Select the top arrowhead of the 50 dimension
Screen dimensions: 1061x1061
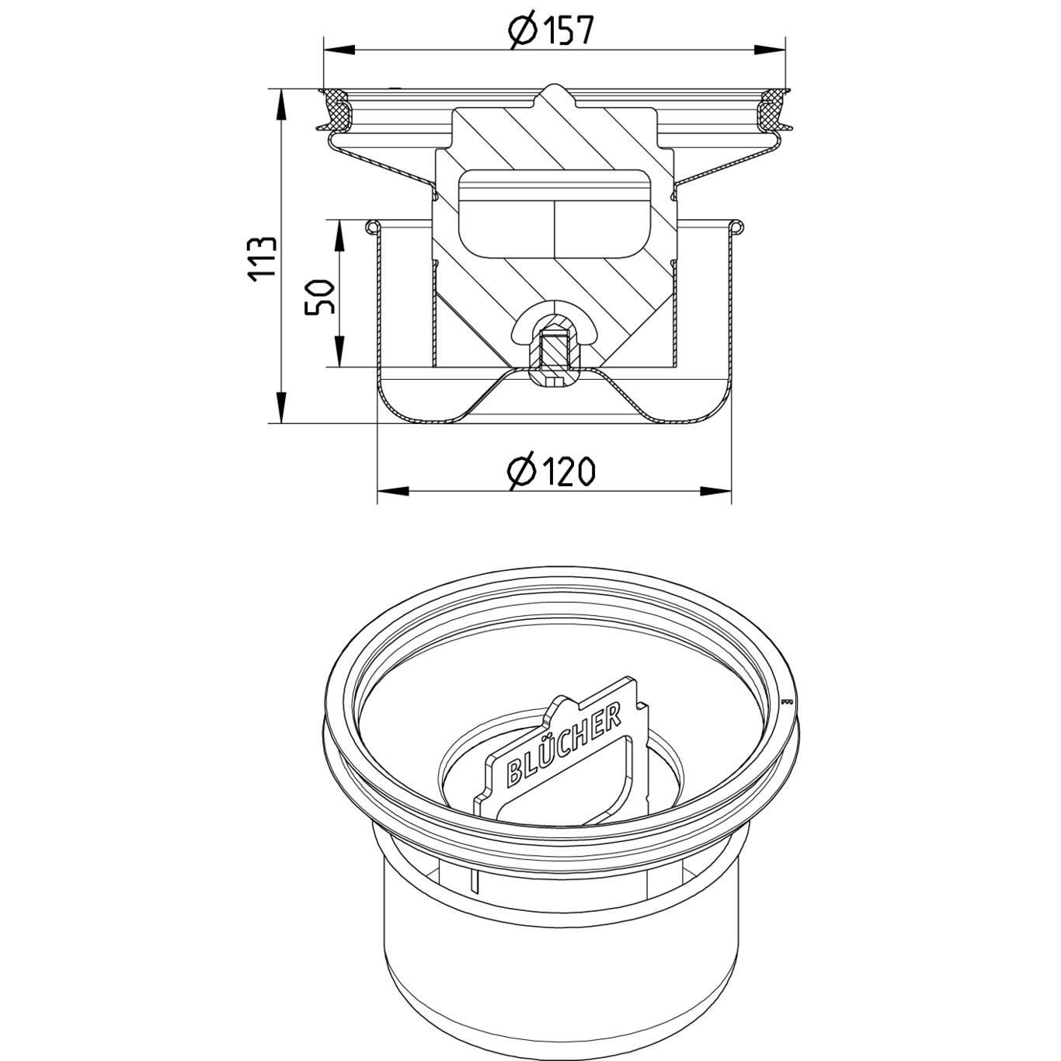click(339, 234)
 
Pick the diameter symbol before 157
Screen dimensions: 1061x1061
click(522, 30)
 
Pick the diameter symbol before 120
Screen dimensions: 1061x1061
click(521, 471)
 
